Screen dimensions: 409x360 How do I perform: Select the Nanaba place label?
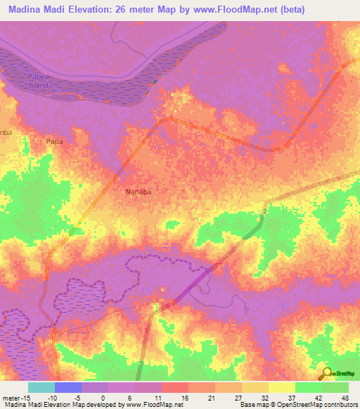point(139,190)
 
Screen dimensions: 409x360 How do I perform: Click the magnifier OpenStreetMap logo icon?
point(326,373)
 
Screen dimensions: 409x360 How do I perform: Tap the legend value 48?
point(343,398)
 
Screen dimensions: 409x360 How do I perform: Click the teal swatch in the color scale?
point(41,387)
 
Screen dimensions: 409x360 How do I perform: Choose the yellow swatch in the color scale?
point(282,387)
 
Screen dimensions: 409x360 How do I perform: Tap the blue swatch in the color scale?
point(68,387)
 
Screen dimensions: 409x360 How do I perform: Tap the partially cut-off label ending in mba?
point(6,132)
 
